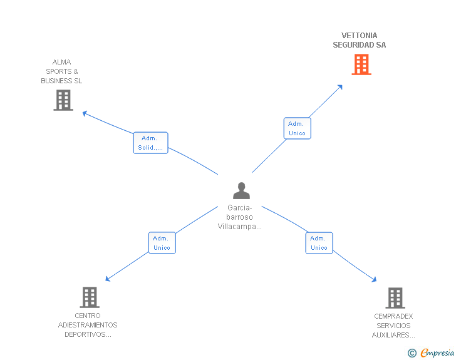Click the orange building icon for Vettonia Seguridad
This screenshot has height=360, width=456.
pos(361,64)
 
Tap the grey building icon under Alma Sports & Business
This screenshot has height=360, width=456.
pos(63,100)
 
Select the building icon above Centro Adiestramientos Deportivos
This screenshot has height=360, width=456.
pos(90,297)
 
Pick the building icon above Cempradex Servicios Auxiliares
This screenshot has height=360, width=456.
pos(395,298)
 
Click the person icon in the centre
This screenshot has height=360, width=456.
pos(241,191)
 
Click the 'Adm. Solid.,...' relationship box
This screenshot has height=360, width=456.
pos(150,143)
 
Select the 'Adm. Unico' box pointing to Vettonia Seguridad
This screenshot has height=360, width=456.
pos(297,128)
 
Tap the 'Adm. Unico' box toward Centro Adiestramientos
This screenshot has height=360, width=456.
pos(162,243)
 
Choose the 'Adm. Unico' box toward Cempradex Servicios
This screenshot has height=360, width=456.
pos(319,243)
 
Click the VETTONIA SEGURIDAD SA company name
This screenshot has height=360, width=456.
pos(360,40)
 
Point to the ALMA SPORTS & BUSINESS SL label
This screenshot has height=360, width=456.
pos(61,71)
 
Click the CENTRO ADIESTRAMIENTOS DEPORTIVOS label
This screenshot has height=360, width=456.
pos(88,325)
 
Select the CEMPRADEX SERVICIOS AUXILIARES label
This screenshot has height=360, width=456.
pos(393,326)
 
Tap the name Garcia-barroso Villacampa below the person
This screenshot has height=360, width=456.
pos(240,217)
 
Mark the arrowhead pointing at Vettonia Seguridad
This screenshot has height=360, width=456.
pos(340,87)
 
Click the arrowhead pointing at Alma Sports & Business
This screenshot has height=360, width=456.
pos(85,113)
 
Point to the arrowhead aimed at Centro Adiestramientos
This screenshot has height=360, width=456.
pos(107,279)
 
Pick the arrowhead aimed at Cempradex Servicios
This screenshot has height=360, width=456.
pos(375,280)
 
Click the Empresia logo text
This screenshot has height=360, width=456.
pos(437,352)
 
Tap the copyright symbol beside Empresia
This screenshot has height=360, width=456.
pos(412,353)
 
